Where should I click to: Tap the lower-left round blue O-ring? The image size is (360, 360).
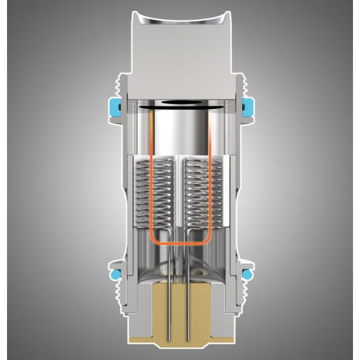pyautogui.click(x=115, y=274)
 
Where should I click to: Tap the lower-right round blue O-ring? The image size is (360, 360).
pyautogui.click(x=247, y=274)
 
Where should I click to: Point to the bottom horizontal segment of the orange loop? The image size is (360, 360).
pyautogui.click(x=180, y=245)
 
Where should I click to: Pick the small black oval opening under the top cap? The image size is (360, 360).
pyautogui.click(x=180, y=103)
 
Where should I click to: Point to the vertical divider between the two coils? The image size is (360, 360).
pyautogui.click(x=180, y=191)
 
